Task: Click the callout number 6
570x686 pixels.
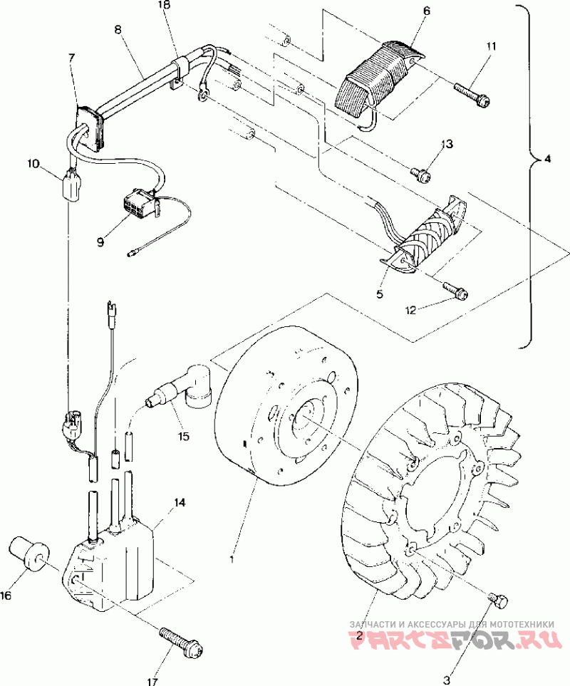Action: (427, 12)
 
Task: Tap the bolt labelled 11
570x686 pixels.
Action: (471, 96)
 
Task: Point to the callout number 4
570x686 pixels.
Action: (547, 160)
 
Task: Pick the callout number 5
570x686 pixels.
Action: (380, 293)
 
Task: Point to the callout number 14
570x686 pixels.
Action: (180, 503)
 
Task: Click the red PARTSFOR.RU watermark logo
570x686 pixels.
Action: (452, 638)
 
